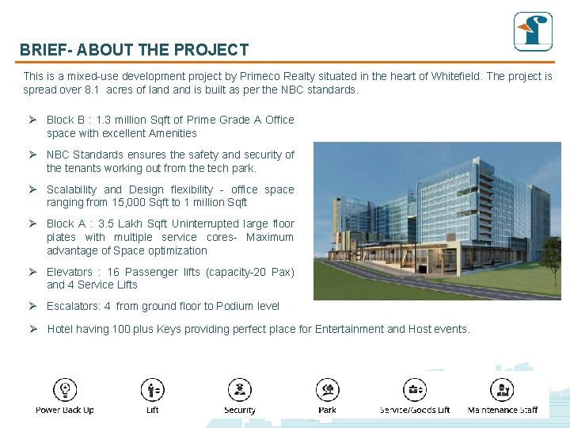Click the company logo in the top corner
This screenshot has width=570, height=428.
pos(532,32)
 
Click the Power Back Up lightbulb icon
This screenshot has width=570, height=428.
pos(65,390)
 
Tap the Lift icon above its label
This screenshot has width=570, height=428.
pos(152,390)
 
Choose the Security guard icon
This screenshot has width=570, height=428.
pos(239,390)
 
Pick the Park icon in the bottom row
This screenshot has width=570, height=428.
pos(327,390)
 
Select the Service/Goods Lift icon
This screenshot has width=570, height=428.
pos(415,390)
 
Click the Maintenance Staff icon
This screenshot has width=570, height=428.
pos(502,390)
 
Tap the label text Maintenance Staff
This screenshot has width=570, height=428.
pos(502,410)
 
